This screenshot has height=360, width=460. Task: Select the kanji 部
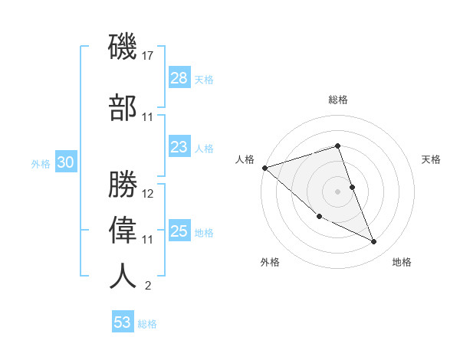tap(123, 107)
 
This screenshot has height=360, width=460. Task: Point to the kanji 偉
tap(123, 230)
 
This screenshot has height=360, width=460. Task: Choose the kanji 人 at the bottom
tap(123, 276)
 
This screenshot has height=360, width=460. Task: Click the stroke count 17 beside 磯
tap(148, 56)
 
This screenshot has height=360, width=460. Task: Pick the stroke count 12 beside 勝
tap(148, 193)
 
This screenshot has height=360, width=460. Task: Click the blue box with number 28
tap(179, 77)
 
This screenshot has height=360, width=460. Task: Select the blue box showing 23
tap(179, 147)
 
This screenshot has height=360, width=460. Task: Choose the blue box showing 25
tap(179, 231)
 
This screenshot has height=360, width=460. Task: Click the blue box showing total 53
tap(122, 322)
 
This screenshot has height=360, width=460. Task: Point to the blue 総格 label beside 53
tap(147, 324)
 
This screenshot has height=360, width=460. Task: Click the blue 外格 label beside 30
tap(41, 163)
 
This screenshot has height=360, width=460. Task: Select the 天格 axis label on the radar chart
tap(431, 159)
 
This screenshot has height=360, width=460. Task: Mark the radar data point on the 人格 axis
tap(264, 167)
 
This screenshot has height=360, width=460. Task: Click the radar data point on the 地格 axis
tap(374, 242)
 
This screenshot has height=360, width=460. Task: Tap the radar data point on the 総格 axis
tap(337, 146)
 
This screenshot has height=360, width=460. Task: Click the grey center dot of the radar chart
tap(337, 191)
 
